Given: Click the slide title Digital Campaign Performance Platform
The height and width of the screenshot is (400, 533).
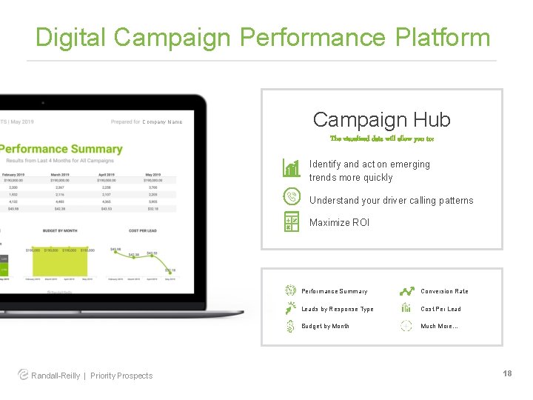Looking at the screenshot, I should click(x=263, y=37).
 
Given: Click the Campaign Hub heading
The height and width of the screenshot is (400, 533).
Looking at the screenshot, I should click(x=381, y=119).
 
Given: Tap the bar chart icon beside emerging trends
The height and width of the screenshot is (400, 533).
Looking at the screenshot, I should click(x=292, y=168).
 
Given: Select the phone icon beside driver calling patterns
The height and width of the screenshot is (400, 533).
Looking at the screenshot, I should click(x=292, y=197).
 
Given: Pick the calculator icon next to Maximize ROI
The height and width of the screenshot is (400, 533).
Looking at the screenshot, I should click(x=292, y=221).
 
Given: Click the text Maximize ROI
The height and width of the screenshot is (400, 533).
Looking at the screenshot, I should click(x=339, y=222).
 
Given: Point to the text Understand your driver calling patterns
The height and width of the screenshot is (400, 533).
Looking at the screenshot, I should click(x=391, y=200).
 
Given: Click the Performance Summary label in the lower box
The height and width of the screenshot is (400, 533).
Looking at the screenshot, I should click(x=334, y=291).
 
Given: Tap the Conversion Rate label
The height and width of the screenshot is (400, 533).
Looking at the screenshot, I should click(x=444, y=291).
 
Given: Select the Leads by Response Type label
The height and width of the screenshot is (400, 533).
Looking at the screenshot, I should click(x=338, y=309).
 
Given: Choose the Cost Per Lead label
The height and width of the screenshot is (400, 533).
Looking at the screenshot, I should click(x=440, y=309).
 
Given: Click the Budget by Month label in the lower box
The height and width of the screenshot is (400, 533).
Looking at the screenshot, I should click(x=325, y=326).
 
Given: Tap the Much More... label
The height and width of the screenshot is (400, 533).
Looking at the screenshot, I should click(x=439, y=326).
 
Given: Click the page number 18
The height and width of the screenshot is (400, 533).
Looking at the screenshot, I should click(x=507, y=373).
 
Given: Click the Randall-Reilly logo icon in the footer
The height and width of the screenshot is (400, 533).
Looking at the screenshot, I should click(x=23, y=375).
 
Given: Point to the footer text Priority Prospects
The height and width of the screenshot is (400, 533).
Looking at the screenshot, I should click(x=121, y=376).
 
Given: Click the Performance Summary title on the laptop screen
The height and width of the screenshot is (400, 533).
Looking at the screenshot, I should click(x=62, y=149).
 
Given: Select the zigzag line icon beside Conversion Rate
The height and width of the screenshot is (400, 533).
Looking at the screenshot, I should click(x=406, y=291).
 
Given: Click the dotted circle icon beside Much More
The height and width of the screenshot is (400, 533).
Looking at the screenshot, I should click(x=406, y=326).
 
